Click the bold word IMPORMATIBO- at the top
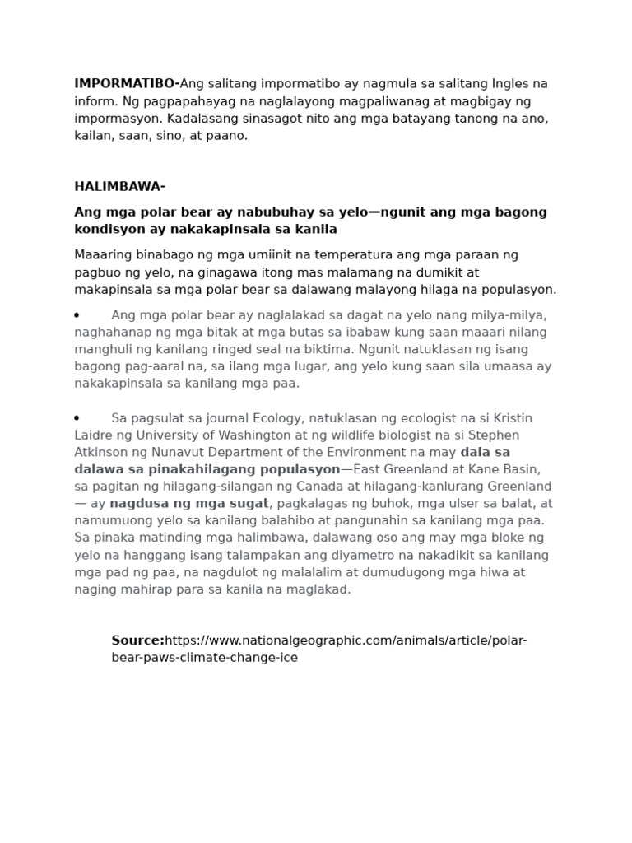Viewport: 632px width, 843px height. point(127,83)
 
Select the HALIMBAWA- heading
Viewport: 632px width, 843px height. point(119,187)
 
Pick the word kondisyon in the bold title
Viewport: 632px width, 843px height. point(108,229)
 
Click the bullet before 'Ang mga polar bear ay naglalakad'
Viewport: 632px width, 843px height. point(77,315)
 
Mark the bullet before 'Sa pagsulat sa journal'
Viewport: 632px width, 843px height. point(77,418)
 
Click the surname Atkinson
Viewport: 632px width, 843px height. point(103,452)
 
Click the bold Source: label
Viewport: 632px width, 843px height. point(137,641)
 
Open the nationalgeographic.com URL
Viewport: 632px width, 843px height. point(346,641)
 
